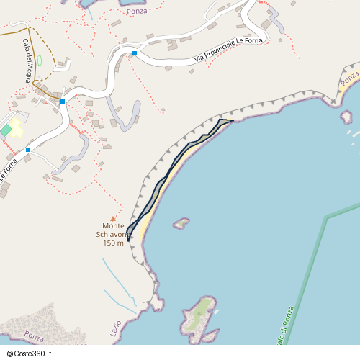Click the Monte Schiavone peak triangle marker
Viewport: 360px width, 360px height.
click(112, 219)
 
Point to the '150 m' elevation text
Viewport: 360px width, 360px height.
click(113, 243)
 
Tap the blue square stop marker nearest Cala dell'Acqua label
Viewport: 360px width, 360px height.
click(63, 102)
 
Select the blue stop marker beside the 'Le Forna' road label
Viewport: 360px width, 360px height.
click(28, 150)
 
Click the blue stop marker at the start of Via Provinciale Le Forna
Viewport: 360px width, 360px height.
click(135, 53)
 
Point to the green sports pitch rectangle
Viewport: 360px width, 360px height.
click(6, 130)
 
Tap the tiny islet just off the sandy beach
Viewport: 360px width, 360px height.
click(181, 223)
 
